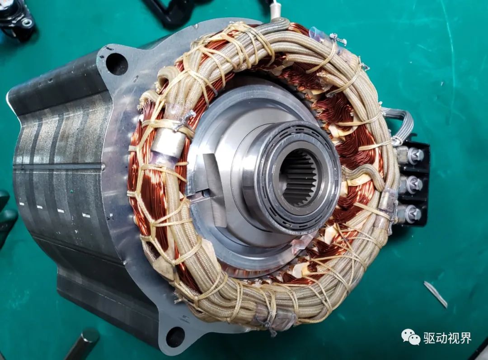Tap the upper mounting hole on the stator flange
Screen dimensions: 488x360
point(117,64)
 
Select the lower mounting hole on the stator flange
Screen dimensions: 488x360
point(175,337)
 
